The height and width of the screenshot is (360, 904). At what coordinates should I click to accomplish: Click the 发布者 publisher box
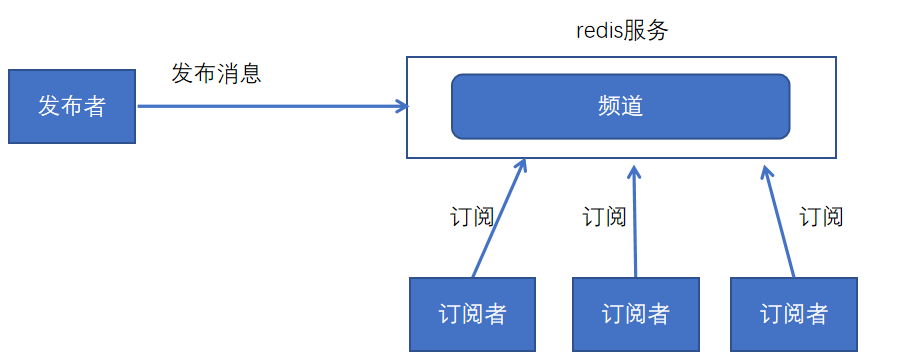(x=71, y=106)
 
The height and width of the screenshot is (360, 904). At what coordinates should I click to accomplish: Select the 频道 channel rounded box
(x=620, y=106)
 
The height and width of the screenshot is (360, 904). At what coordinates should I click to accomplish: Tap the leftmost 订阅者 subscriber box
(x=473, y=314)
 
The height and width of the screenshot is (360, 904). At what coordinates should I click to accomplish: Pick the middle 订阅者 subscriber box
(x=635, y=314)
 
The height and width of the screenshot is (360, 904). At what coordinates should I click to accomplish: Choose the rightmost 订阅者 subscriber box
(x=794, y=314)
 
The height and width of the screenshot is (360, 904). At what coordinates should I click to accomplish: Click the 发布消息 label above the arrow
(x=216, y=73)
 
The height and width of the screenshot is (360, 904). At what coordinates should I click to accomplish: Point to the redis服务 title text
(x=621, y=30)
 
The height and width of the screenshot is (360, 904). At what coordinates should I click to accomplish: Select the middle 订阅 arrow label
(x=604, y=216)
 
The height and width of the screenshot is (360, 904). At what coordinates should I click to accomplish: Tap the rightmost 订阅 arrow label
(x=821, y=216)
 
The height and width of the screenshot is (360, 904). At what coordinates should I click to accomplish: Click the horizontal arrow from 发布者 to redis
(x=270, y=106)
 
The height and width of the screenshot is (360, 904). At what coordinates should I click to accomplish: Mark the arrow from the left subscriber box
(x=497, y=221)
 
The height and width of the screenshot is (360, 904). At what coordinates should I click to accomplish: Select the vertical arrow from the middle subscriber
(x=635, y=225)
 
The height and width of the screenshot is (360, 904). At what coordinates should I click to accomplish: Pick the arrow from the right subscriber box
(x=780, y=225)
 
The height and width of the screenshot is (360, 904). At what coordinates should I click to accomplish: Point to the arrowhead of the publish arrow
(x=402, y=106)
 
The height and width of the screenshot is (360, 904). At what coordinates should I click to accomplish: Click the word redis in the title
(x=599, y=30)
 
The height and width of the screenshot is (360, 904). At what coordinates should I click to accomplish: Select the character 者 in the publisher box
(x=94, y=106)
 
